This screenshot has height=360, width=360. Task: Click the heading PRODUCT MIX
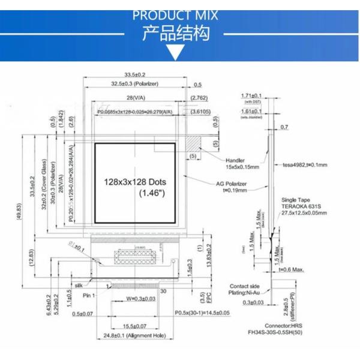coord(175,15)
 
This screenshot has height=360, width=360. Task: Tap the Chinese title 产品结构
coord(176,33)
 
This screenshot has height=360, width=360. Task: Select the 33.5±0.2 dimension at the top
coord(135,74)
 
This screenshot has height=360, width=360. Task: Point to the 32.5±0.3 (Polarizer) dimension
coord(135,84)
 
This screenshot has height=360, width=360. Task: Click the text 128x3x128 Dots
coord(135,181)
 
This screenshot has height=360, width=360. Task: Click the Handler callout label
coord(236,160)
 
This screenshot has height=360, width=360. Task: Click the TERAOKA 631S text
coord(302,205)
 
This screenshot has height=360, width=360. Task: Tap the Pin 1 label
coord(89,296)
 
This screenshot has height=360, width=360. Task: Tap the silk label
coord(77,286)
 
